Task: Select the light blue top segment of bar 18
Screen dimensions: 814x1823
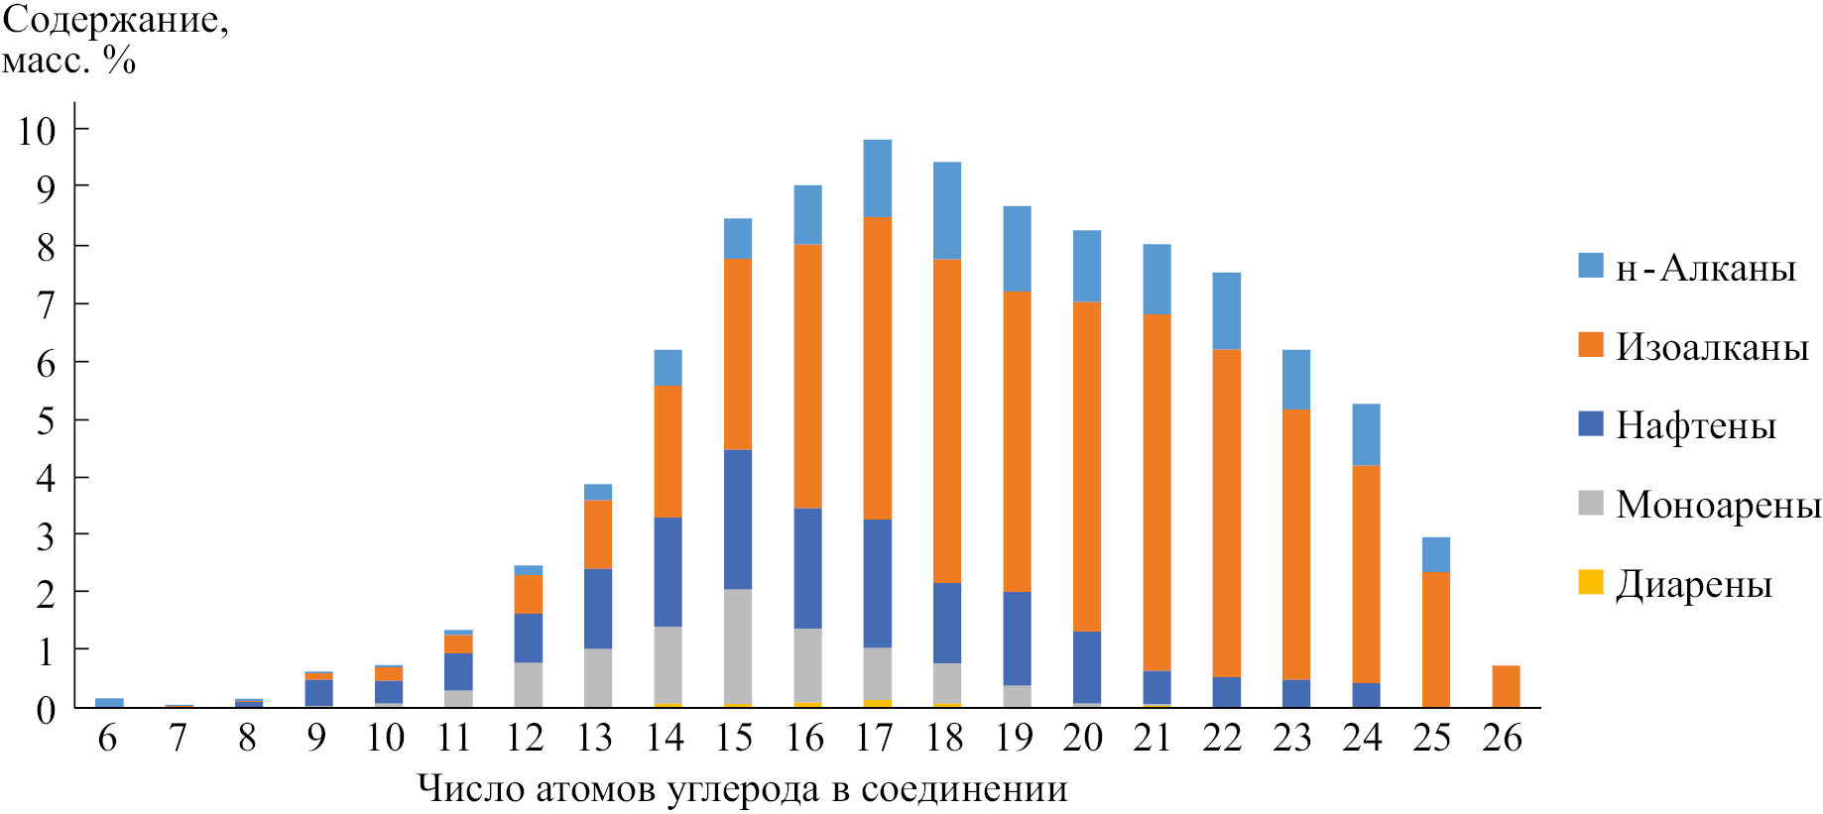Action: tap(947, 210)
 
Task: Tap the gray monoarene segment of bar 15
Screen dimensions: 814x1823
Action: tap(738, 645)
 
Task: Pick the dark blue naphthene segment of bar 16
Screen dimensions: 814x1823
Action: tap(807, 568)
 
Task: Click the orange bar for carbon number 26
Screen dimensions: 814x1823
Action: tap(1506, 686)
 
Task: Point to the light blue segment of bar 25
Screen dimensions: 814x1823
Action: tap(1435, 554)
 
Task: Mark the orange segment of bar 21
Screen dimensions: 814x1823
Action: tap(1156, 493)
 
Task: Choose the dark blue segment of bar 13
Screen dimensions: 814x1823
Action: tap(598, 608)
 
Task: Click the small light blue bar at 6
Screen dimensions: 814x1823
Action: tap(109, 702)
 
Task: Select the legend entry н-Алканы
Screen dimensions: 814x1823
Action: tap(1705, 268)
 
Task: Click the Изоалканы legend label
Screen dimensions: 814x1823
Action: tap(1712, 347)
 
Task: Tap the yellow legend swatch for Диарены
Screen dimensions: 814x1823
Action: tap(1591, 582)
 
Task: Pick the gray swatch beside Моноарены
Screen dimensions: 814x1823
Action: tap(1591, 503)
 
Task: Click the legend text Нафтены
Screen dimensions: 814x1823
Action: tap(1695, 425)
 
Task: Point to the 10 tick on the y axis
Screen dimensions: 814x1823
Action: tap(37, 131)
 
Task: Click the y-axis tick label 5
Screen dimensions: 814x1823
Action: tap(46, 421)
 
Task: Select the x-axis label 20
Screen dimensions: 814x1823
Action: tap(1082, 738)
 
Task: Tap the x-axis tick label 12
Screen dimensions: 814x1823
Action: tap(525, 738)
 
